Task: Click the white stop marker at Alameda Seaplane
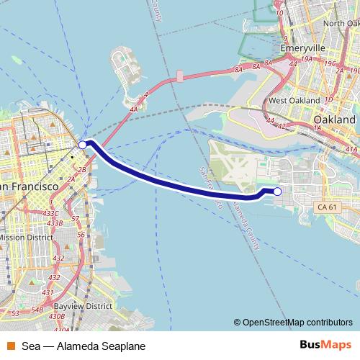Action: pyautogui.click(x=278, y=191)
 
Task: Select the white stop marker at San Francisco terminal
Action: pyautogui.click(x=82, y=145)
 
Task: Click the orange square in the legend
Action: pyautogui.click(x=10, y=346)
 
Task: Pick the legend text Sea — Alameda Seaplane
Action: pyautogui.click(x=84, y=346)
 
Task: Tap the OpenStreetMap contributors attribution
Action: pyautogui.click(x=297, y=322)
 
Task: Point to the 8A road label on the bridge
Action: pyautogui.click(x=238, y=70)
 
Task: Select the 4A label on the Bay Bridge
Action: pyautogui.click(x=134, y=109)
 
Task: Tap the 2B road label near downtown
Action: pyautogui.click(x=81, y=170)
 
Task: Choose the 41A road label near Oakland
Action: pyautogui.click(x=351, y=148)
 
